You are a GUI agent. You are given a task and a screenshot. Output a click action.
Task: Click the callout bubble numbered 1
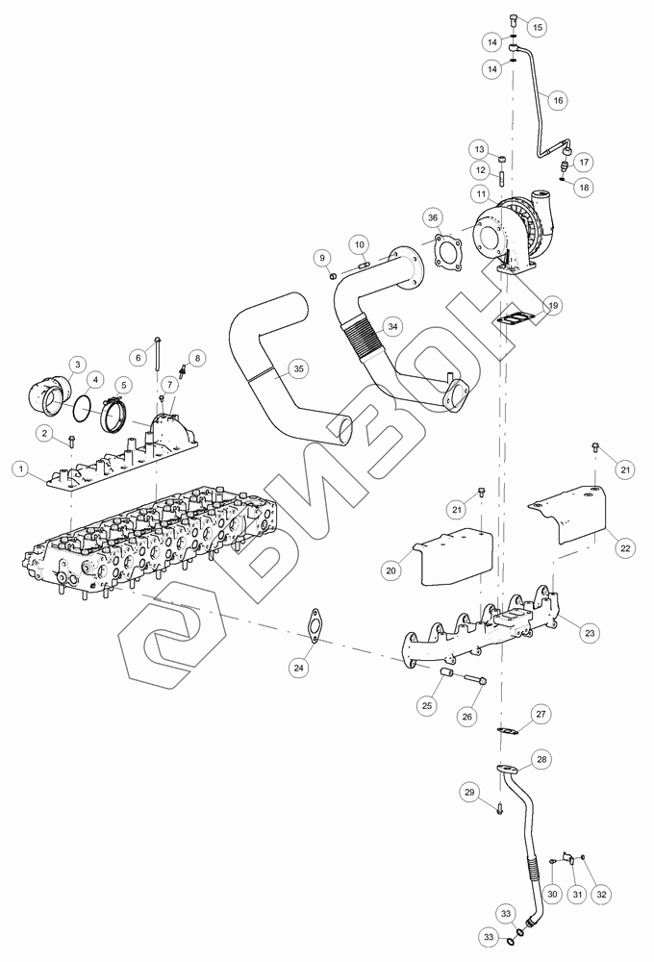(21, 469)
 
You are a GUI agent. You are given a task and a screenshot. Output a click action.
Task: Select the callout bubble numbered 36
(433, 217)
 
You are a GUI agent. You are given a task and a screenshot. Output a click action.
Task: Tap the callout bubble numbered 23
(590, 633)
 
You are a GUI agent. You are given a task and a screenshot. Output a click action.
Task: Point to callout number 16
(557, 100)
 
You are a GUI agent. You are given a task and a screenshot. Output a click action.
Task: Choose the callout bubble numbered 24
(299, 668)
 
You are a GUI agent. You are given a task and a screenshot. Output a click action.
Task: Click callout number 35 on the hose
(298, 368)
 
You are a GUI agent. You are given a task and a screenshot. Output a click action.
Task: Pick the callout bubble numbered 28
(541, 759)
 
